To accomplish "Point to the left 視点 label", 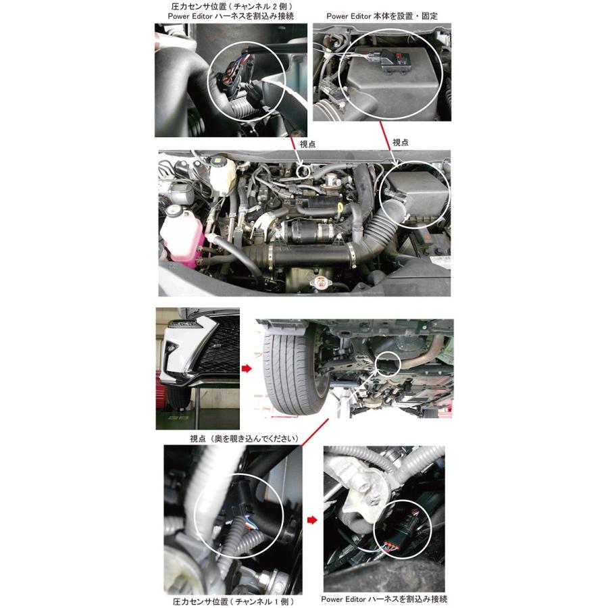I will click(308, 144).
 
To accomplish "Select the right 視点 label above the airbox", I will click(401, 143).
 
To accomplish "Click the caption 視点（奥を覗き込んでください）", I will click(244, 438).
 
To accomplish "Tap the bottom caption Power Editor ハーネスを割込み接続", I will click(384, 599).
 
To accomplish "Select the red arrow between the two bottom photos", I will click(311, 520).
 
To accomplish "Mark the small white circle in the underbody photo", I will click(388, 365).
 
